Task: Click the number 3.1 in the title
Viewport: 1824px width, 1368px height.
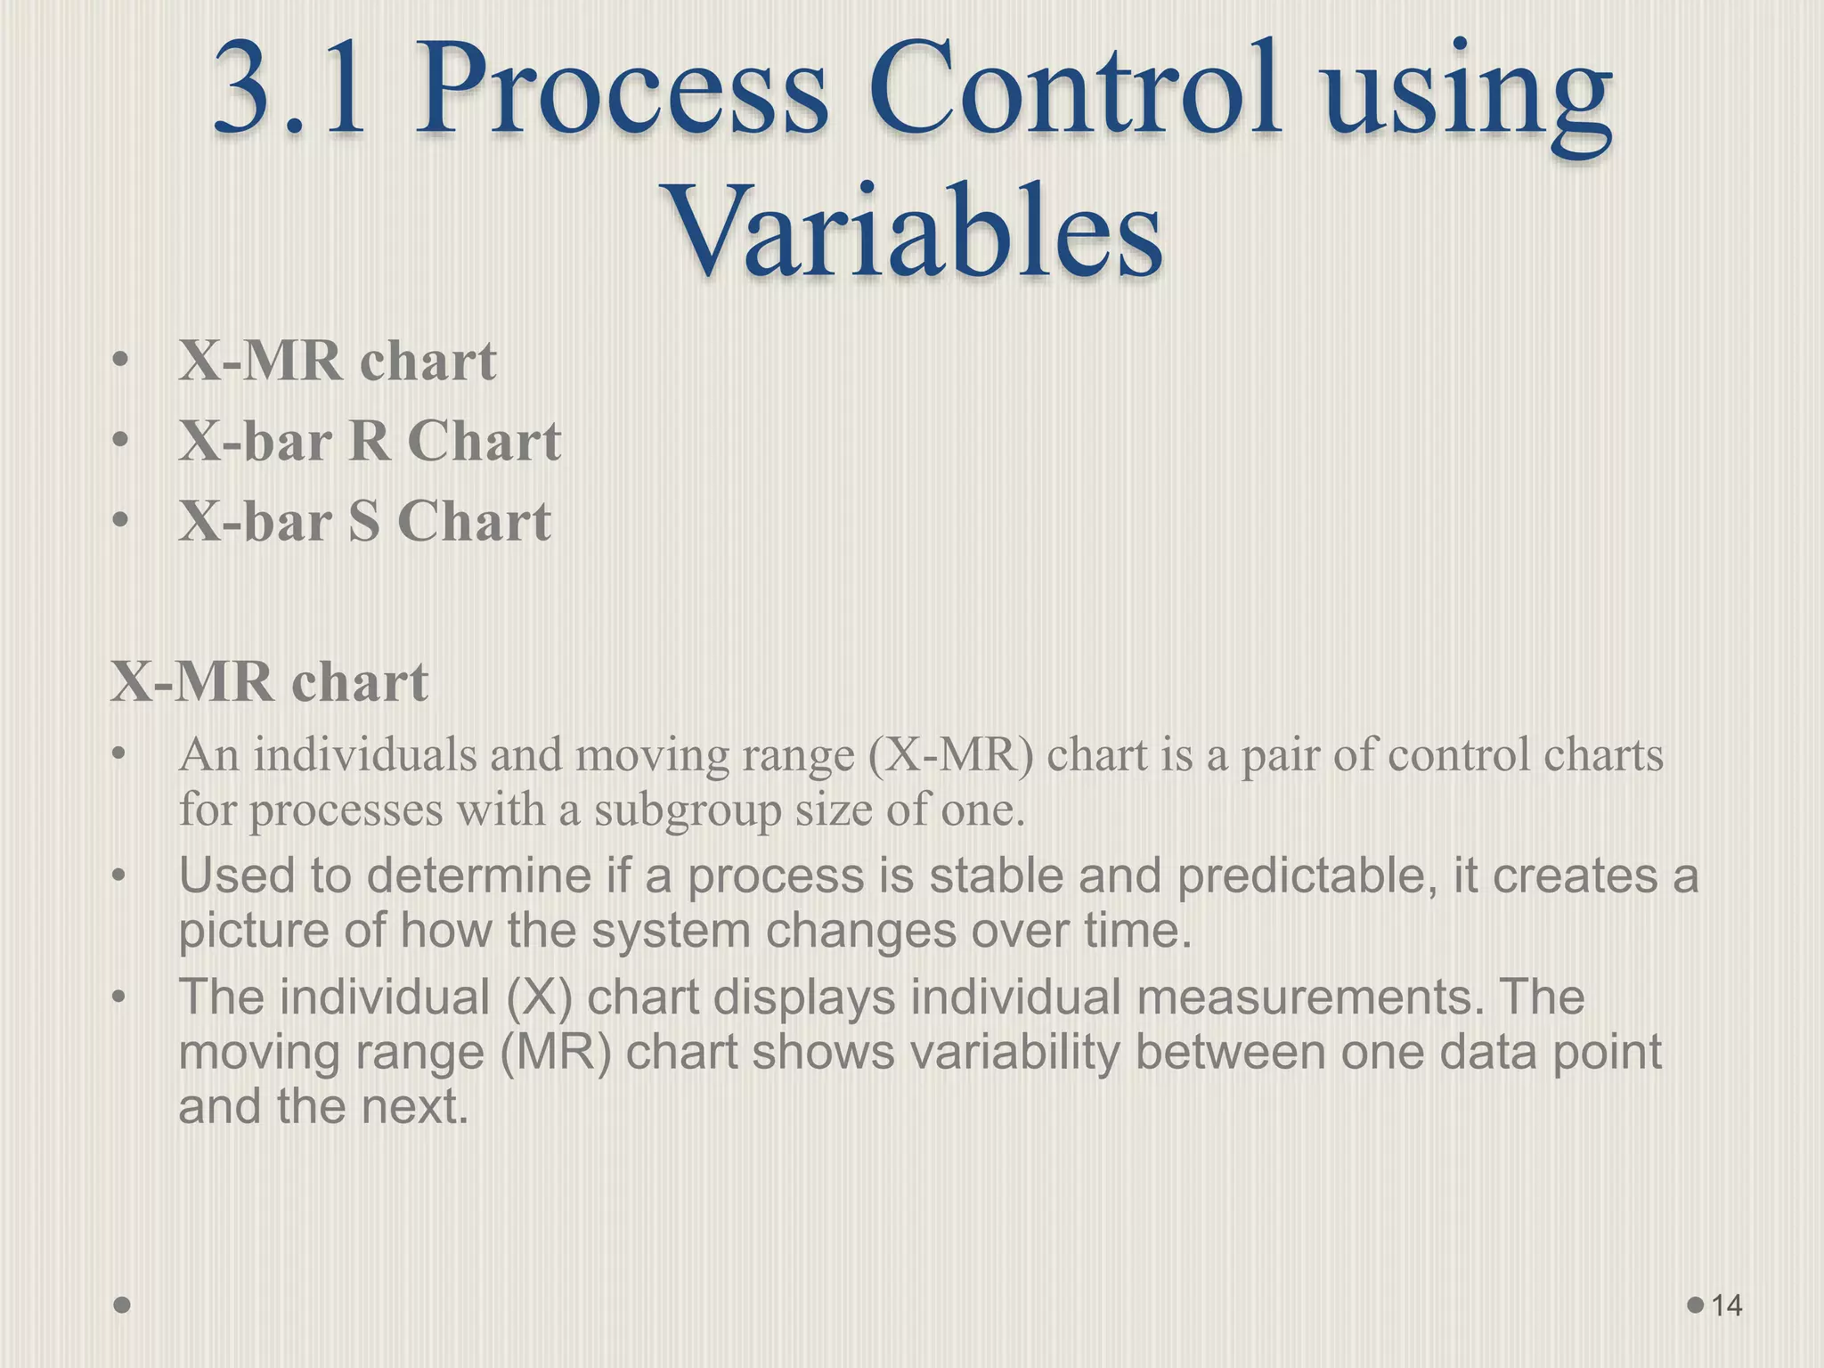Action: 290,93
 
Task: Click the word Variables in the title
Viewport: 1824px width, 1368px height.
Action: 915,230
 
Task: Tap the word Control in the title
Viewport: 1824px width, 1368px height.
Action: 1074,93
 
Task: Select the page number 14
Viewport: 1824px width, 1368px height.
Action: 1726,1306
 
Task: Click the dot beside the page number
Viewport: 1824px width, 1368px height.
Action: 1696,1305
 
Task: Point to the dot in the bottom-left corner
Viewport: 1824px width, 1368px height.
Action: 123,1305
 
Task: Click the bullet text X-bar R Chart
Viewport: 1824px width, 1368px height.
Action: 370,441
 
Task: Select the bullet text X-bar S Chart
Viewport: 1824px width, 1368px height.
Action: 364,521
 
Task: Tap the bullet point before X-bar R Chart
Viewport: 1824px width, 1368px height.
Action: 121,441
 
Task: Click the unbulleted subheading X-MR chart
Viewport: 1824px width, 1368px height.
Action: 269,682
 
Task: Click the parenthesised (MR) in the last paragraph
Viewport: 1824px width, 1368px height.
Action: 555,1052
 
